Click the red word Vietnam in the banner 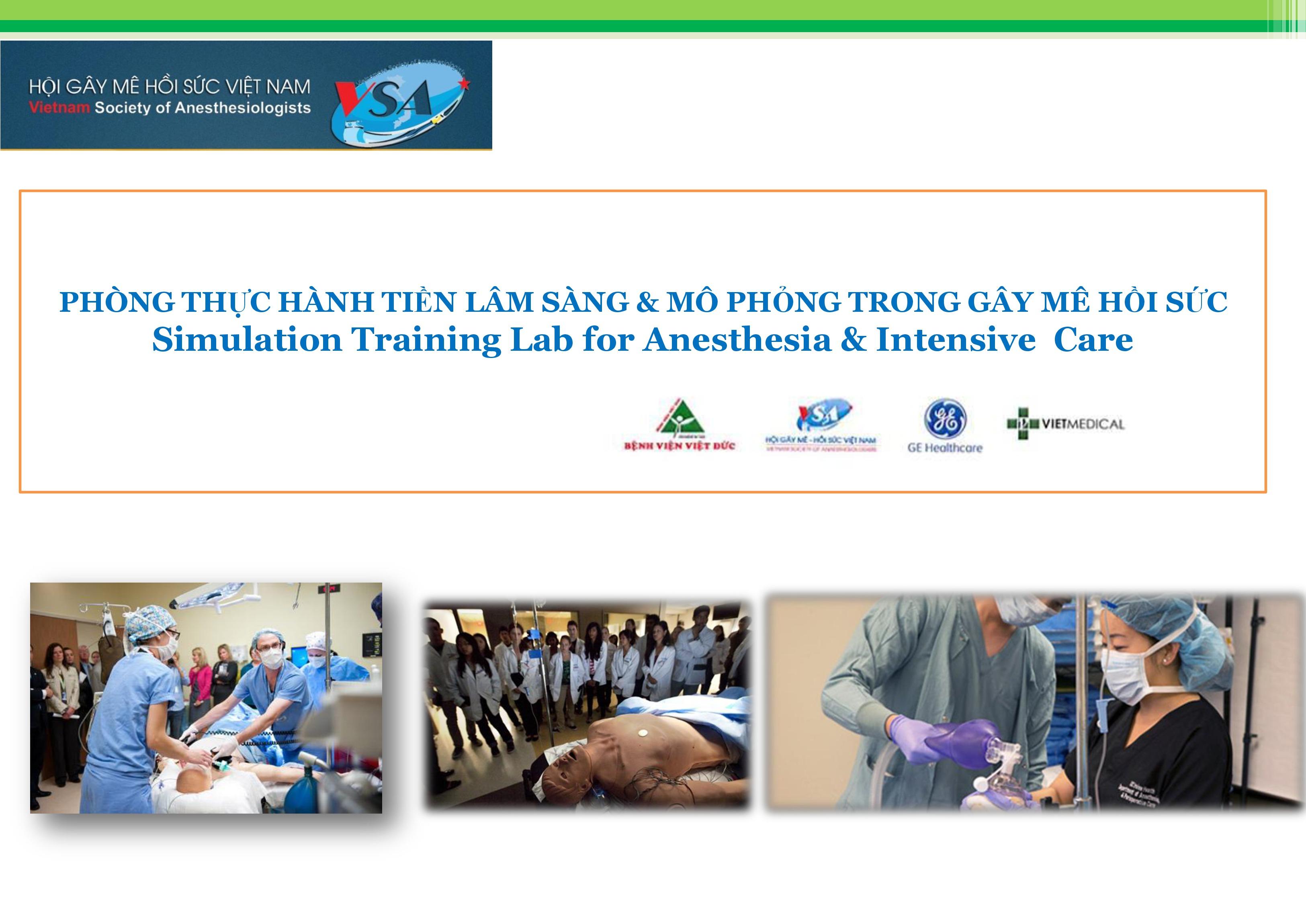click(x=59, y=108)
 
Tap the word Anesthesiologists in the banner click(x=242, y=108)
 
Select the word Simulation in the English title click(x=246, y=340)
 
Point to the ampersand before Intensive click(x=854, y=340)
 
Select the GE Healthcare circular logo click(x=945, y=419)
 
